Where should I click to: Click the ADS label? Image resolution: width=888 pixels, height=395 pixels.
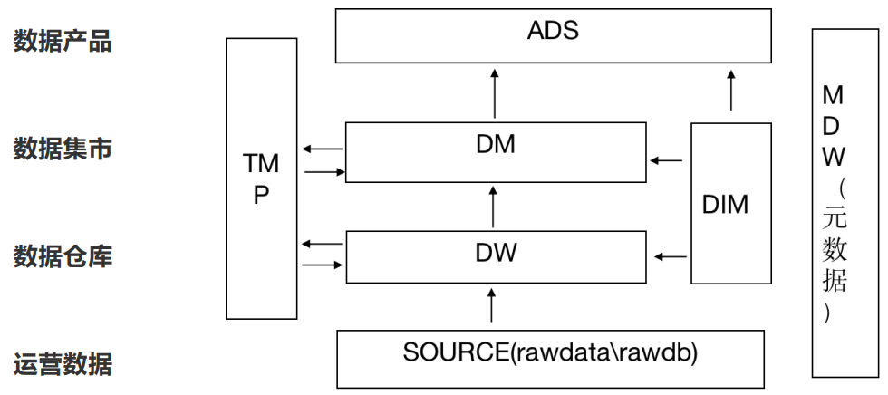[x=553, y=31]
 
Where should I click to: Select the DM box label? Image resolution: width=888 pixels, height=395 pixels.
[x=496, y=144]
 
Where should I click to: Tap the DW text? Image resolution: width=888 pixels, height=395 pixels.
[x=497, y=253]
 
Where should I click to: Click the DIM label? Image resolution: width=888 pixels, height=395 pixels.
[x=726, y=204]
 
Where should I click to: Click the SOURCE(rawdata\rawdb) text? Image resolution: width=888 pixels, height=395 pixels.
[x=550, y=352]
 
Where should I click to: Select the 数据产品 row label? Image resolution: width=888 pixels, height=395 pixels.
[x=63, y=42]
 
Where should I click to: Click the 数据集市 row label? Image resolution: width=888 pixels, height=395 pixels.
[x=63, y=149]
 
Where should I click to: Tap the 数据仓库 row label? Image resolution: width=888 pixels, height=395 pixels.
[x=63, y=256]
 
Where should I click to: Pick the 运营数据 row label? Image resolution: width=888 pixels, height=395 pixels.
[x=63, y=364]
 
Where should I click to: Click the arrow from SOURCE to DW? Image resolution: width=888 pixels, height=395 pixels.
[x=491, y=305]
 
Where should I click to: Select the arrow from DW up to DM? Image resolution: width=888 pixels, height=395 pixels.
[x=493, y=207]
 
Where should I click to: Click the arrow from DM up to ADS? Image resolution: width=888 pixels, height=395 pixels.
[x=495, y=93]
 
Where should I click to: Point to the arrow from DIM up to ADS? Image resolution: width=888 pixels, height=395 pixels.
[x=731, y=90]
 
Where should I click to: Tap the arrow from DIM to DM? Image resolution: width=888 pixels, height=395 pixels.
[x=666, y=160]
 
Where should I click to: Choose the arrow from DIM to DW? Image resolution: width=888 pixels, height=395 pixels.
[x=671, y=257]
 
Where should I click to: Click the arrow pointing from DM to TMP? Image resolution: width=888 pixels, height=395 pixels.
[x=323, y=149]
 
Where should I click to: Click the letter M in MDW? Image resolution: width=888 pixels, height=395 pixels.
[x=833, y=97]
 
